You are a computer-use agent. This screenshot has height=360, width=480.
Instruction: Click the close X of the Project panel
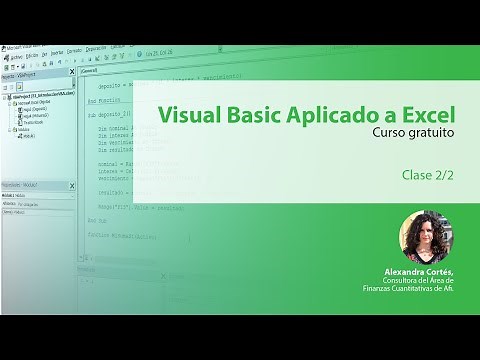pyautogui.click(x=72, y=71)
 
